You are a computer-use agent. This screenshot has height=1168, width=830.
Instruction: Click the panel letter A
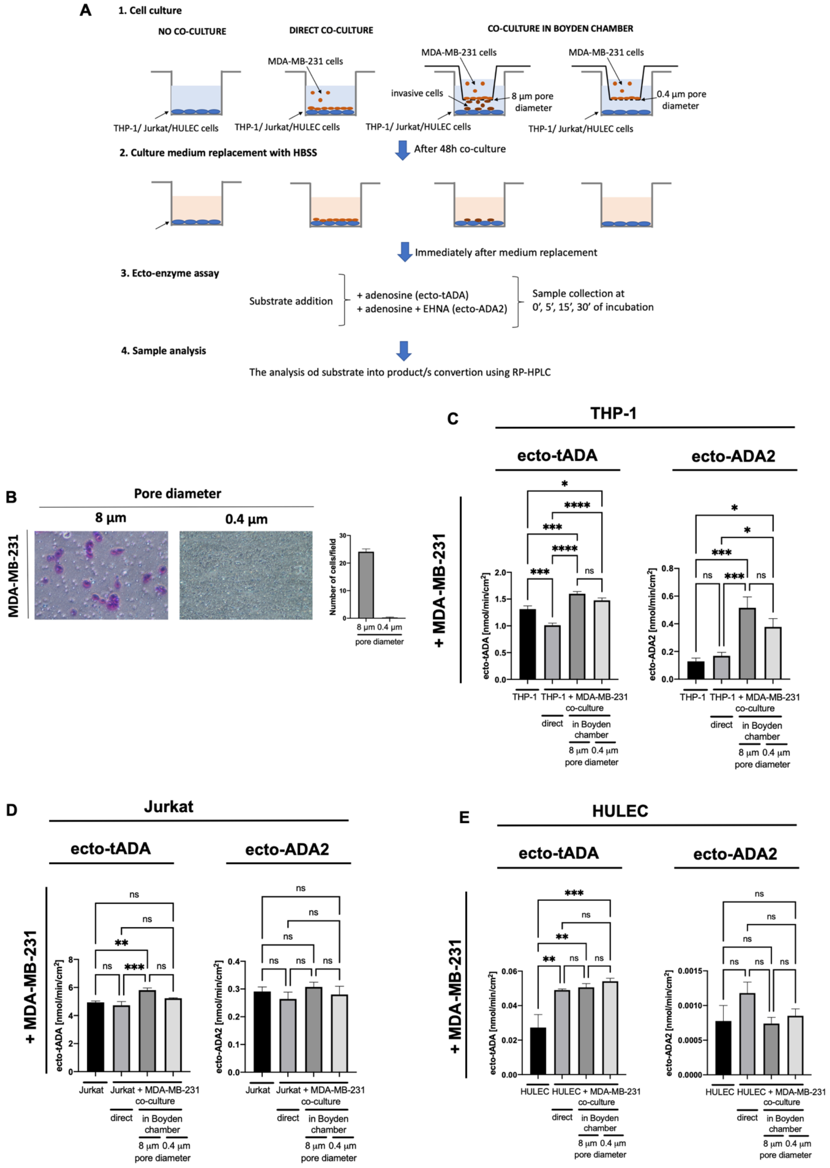point(85,10)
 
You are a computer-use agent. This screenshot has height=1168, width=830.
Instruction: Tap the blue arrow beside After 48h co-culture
point(403,150)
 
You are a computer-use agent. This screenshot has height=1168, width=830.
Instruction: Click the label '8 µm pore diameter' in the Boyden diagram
point(533,102)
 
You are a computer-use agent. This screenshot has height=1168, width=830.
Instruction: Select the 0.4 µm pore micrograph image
point(246,575)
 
